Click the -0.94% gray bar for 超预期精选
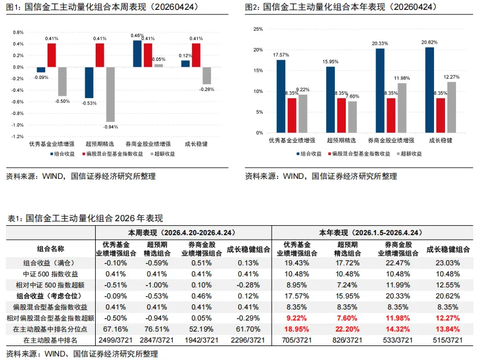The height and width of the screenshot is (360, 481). point(110,94)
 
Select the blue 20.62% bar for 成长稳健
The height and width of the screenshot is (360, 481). point(429,90)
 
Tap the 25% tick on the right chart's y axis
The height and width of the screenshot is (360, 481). point(259,29)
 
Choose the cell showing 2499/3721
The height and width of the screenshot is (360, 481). point(115,340)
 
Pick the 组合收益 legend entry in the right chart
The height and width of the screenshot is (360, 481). point(309,154)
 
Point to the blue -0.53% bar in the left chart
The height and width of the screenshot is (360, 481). point(89,82)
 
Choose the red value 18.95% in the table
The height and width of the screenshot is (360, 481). point(297,329)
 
